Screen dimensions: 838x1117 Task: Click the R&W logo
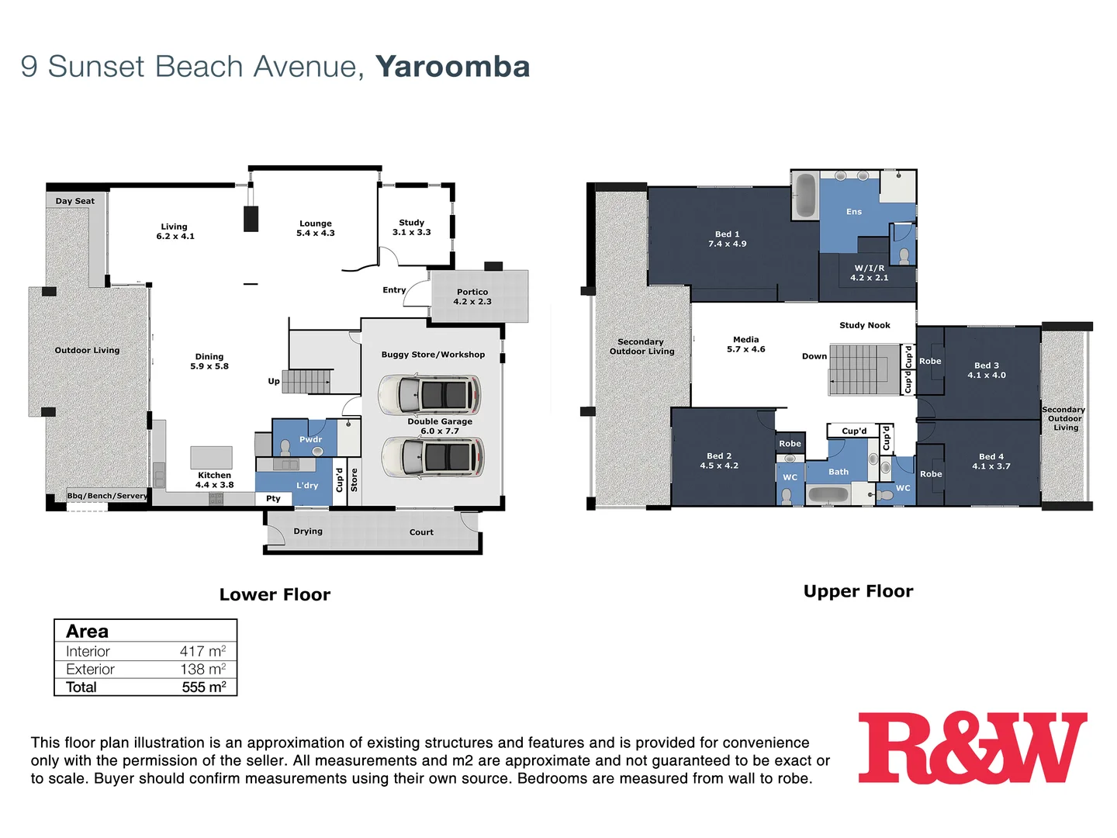pos(972,748)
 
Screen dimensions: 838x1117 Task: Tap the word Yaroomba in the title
pos(452,67)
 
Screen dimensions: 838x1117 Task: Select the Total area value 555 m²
pos(203,687)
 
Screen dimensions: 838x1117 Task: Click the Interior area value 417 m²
pos(202,651)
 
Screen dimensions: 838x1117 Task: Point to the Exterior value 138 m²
pos(202,669)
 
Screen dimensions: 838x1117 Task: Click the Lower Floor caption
pos(275,594)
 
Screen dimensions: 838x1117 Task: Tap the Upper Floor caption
pos(858,591)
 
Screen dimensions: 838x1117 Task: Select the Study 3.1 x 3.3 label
pos(411,227)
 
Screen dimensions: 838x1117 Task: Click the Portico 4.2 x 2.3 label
pos(472,297)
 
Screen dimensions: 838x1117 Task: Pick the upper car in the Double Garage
pos(429,394)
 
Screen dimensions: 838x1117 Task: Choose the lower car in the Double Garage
pos(432,456)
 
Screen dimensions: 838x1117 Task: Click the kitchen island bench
pos(211,457)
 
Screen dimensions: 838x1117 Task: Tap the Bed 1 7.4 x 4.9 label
pos(727,239)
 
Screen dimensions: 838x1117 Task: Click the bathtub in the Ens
pos(805,196)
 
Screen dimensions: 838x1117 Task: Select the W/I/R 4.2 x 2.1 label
pos(869,273)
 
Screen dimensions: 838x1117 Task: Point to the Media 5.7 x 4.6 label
pos(745,345)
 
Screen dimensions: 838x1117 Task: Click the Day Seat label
pos(74,201)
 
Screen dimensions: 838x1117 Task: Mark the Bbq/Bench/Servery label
pos(106,496)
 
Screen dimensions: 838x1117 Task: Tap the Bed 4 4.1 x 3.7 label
pos(991,462)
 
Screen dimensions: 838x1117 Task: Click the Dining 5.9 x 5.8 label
pos(209,362)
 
